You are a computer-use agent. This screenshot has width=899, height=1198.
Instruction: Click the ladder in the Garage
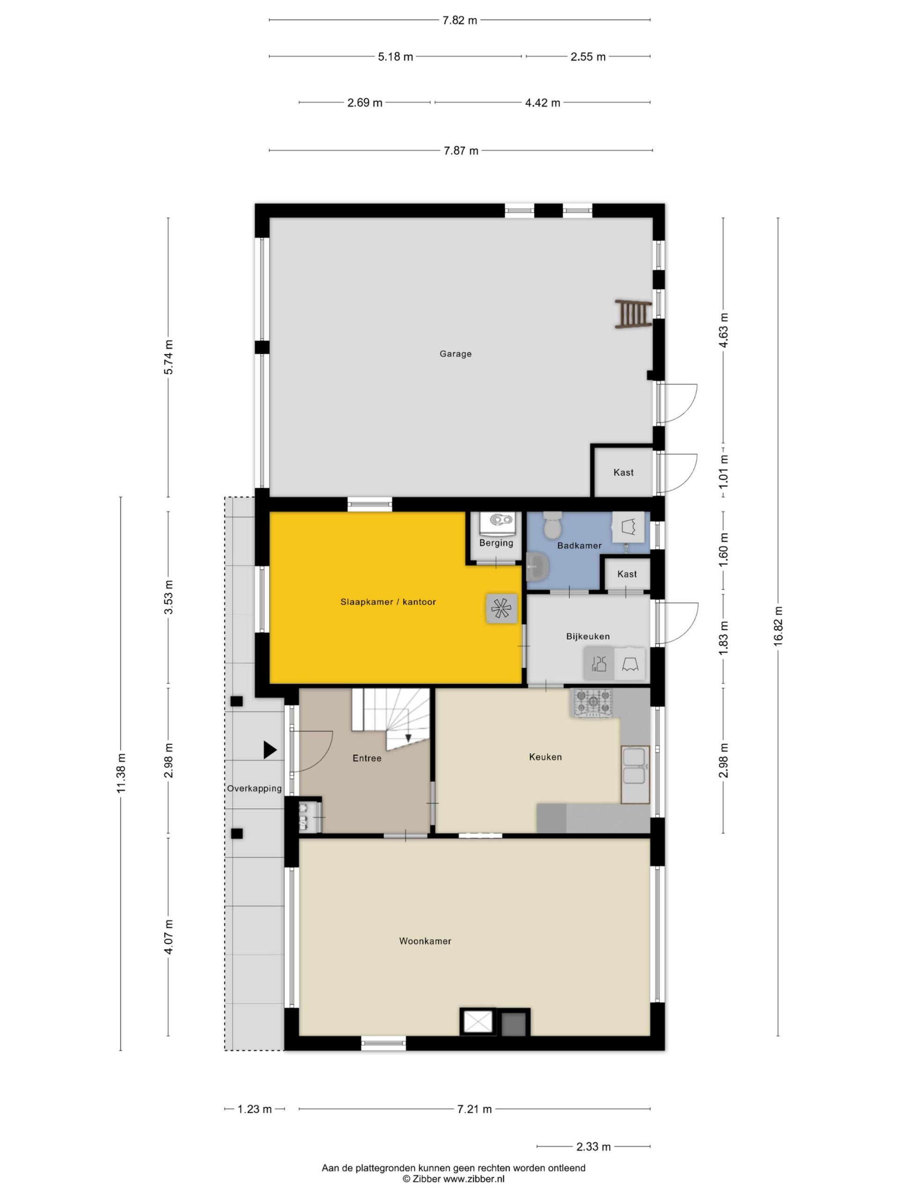633,314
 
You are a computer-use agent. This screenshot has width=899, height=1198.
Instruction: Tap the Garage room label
455,354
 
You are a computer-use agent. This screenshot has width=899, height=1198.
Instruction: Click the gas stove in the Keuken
593,703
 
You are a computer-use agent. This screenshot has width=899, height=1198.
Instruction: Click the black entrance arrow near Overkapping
270,750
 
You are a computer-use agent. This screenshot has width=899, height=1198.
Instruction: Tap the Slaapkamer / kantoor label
388,602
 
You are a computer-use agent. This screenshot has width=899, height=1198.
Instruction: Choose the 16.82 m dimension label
778,626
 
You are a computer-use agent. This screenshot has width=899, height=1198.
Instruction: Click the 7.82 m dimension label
459,21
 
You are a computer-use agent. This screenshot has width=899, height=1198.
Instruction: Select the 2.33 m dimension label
593,1147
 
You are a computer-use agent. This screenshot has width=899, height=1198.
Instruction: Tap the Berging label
496,543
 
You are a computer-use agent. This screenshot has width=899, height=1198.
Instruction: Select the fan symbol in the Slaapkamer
501,609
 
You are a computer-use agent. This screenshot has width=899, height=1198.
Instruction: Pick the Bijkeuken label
588,636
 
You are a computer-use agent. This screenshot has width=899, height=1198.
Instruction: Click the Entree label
367,758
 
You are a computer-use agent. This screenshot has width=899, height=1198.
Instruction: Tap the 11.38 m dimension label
121,774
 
